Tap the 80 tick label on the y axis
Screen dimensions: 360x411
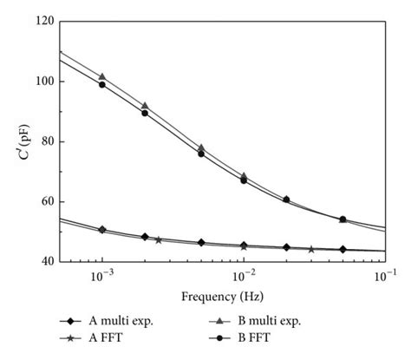point(42,141)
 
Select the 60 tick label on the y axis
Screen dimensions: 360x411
point(42,201)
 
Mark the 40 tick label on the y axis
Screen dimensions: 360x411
point(42,261)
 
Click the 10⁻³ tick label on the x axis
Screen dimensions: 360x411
point(101,274)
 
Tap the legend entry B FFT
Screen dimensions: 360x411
point(268,338)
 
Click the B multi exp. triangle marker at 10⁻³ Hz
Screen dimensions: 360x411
point(102,77)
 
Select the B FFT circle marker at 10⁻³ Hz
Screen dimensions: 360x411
point(102,85)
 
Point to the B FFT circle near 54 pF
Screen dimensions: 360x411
point(342,219)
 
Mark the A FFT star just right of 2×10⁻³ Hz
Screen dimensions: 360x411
point(158,239)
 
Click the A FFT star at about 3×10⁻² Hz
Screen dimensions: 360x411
point(311,249)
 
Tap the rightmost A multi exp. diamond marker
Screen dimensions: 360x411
point(342,249)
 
